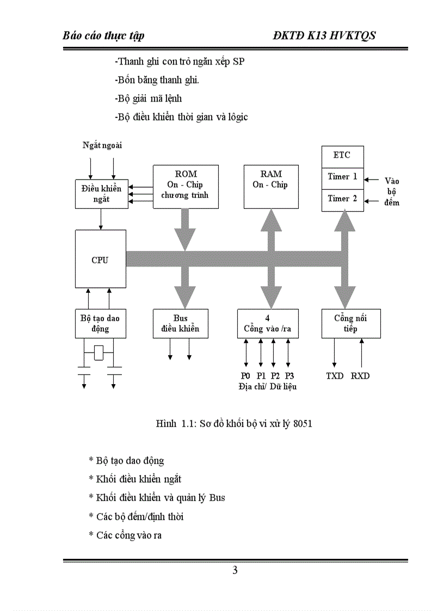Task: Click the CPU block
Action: tap(100, 259)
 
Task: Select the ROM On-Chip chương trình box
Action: tap(186, 187)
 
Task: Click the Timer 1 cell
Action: tap(342, 177)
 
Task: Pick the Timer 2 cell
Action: tap(342, 199)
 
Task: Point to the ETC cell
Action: tap(342, 156)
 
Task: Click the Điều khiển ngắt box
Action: tap(101, 194)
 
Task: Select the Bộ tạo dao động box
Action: tap(100, 324)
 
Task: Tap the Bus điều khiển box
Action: tap(180, 324)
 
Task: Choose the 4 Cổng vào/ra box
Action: tap(267, 324)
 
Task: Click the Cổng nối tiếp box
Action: tap(350, 324)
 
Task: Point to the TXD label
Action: tap(335, 376)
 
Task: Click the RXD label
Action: tap(360, 376)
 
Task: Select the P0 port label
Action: tap(245, 376)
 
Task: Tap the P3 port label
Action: tap(289, 376)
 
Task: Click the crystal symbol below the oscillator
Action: tap(99, 353)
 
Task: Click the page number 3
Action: tap(235, 570)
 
